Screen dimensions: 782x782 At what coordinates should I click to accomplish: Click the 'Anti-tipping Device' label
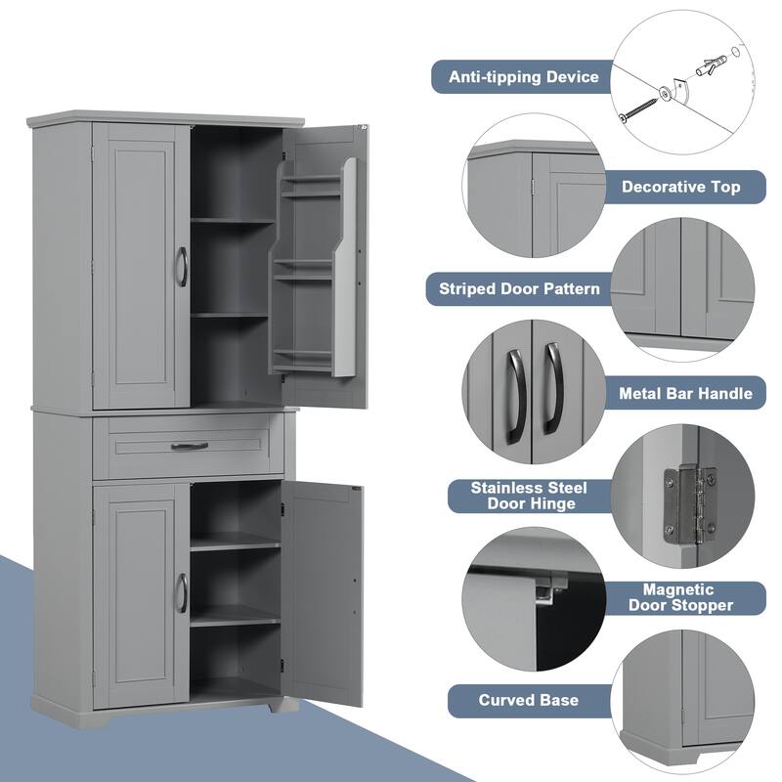(x=523, y=76)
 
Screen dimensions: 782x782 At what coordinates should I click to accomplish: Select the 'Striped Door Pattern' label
(x=519, y=288)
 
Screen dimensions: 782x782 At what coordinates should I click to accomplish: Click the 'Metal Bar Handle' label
(x=685, y=393)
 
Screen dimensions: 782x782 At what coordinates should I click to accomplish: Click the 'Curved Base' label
(x=528, y=700)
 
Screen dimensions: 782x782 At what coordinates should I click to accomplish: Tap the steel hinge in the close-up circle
(x=689, y=502)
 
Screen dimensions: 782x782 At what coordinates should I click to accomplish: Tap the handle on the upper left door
(x=181, y=266)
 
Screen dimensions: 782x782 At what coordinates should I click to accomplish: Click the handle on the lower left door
(x=181, y=592)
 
